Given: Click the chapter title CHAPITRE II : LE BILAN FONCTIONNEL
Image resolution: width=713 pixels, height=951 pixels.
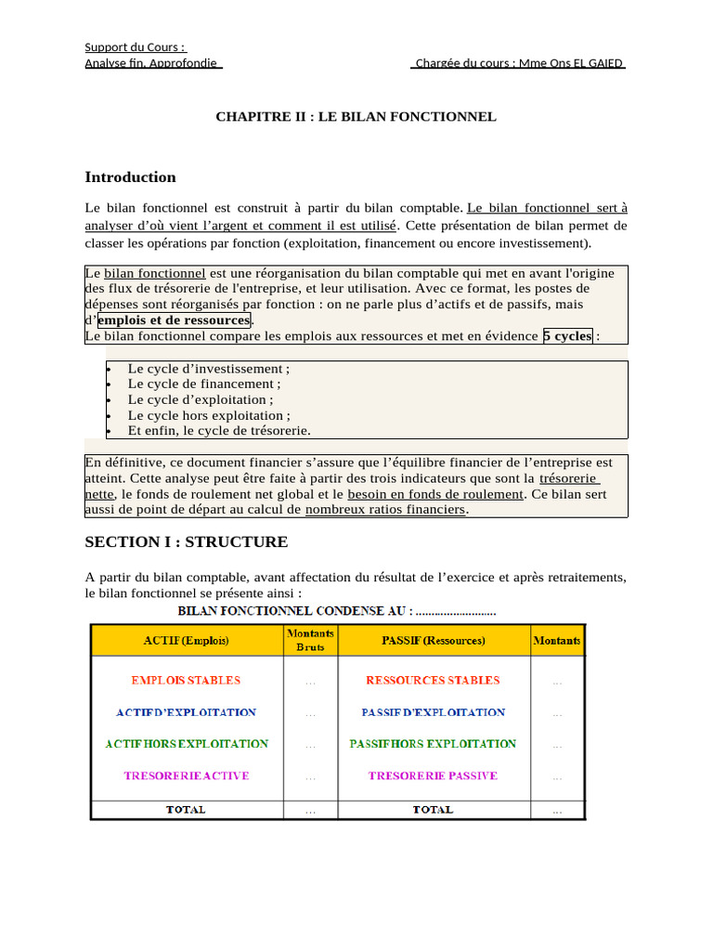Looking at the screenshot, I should coord(356,117).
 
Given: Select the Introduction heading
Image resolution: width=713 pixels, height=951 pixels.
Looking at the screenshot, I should coord(130,177).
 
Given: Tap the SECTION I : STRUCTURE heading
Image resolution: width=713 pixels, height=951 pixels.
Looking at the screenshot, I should coord(186,542).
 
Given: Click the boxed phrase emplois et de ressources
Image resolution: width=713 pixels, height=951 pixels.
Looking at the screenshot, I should coord(174,320).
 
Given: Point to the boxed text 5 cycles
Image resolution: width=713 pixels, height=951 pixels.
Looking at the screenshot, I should coord(568,336).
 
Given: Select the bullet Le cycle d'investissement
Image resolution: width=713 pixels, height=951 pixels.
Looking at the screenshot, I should coord(208,369).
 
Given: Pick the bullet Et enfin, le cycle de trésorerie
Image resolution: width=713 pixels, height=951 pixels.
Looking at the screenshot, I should coord(219,431).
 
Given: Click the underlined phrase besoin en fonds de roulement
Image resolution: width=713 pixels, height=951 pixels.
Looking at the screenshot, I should coord(435,494).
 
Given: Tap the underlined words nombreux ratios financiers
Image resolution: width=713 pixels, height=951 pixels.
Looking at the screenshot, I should coord(385,510).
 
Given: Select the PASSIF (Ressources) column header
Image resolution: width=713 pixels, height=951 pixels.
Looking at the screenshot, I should coord(433,641).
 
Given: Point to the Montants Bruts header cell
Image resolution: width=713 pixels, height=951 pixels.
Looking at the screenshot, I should coord(310,640).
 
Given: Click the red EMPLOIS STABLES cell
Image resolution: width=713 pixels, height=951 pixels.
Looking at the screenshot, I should coord(186,681).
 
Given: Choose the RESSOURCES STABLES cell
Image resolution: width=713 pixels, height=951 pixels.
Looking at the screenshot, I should coord(433,681).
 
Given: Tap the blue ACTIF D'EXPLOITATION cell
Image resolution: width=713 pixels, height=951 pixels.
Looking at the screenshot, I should coord(186,712).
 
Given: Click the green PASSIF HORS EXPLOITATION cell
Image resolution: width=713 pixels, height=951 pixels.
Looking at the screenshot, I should coord(433,744).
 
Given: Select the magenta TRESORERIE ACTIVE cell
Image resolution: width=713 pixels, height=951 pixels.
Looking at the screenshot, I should coord(186,775).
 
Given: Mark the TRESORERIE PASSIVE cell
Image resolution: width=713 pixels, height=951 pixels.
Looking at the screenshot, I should coord(433,775).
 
